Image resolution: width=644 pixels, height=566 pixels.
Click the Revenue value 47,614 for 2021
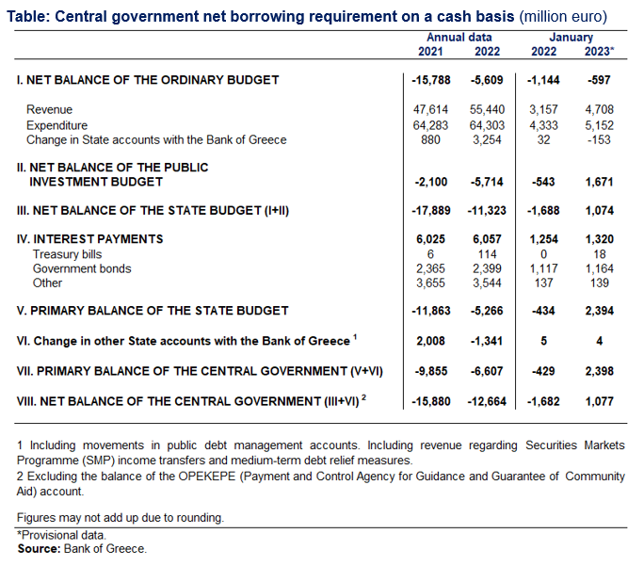429,110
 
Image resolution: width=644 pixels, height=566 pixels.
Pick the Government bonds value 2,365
429,269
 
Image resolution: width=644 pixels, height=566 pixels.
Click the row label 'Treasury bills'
68,254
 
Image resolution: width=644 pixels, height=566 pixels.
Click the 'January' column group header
571,38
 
